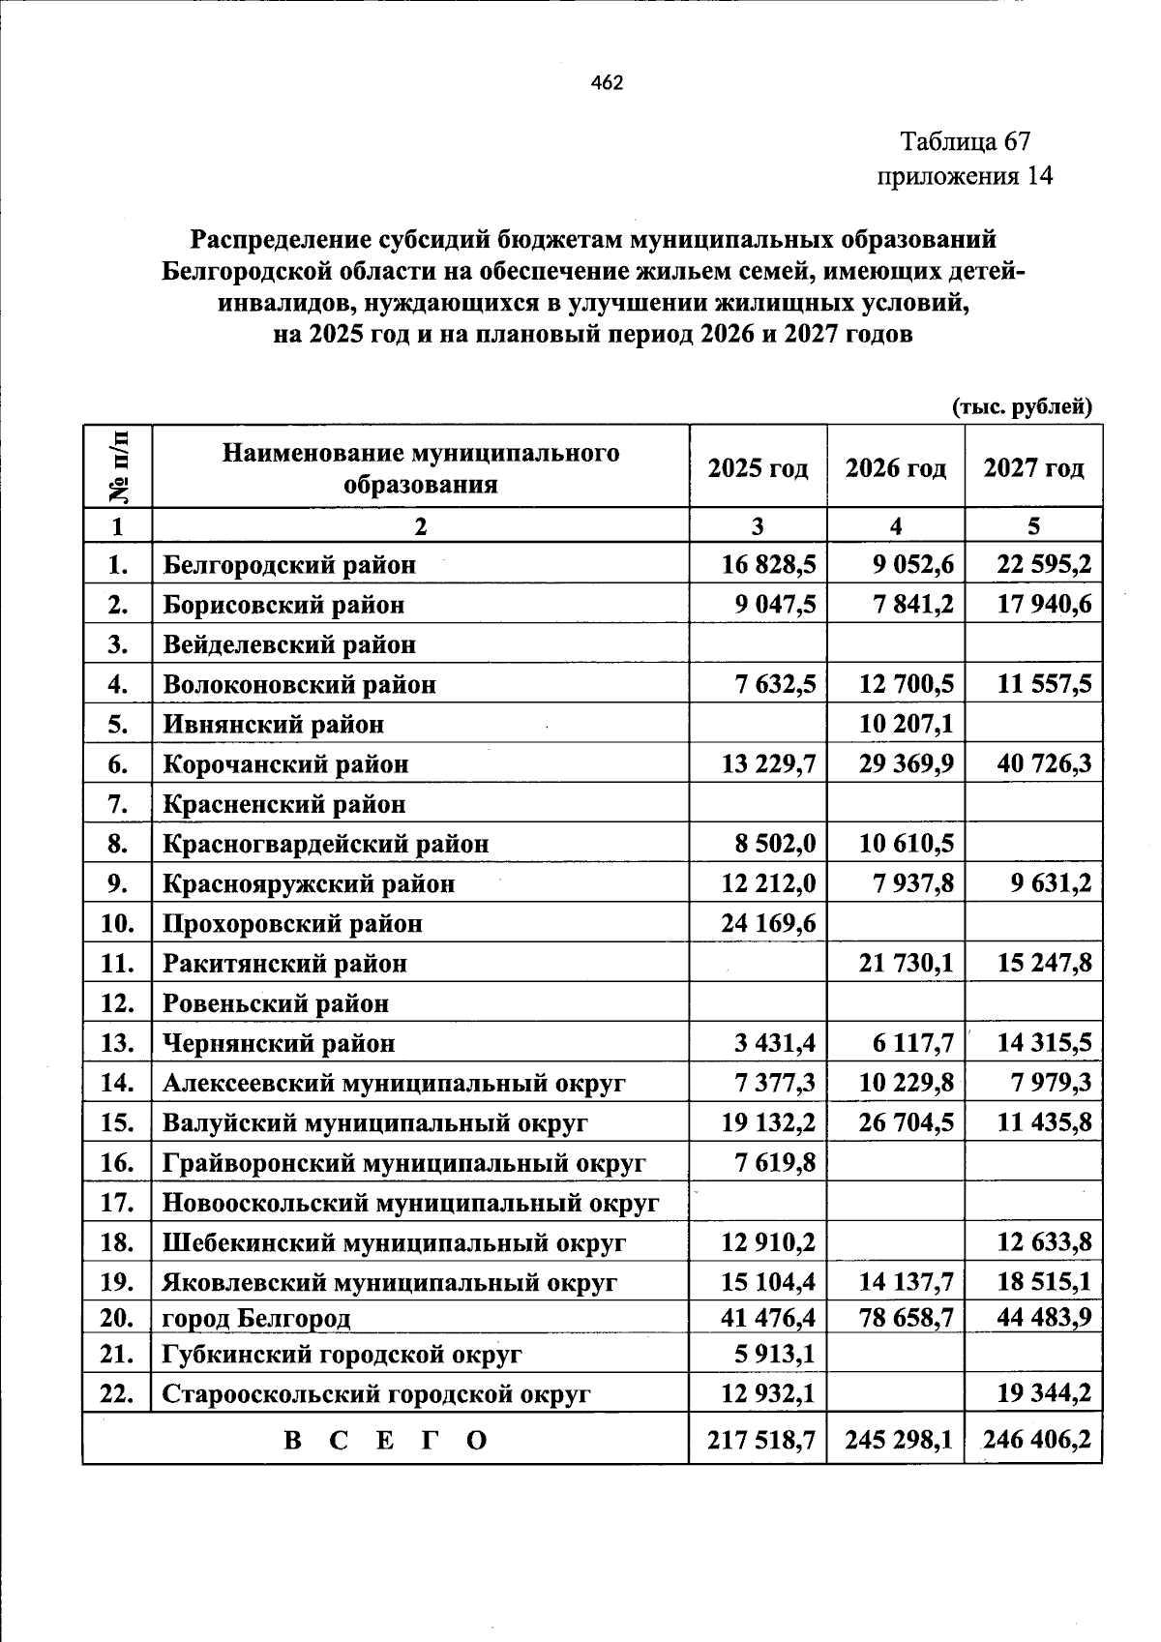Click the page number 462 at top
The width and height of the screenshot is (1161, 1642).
coord(607,83)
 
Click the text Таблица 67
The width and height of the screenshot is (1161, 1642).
coord(965,141)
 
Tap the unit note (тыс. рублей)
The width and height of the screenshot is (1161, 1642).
coord(1022,407)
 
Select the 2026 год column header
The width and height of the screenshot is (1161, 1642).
coord(895,468)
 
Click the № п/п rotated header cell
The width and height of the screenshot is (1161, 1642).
coord(118,466)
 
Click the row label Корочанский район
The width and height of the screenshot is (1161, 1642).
coord(285,764)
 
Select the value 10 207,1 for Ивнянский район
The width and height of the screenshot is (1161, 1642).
coord(906,724)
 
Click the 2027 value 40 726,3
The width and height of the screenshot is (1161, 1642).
coord(1044,764)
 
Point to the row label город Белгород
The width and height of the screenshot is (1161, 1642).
coord(256,1318)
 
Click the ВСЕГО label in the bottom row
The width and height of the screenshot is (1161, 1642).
coord(386,1441)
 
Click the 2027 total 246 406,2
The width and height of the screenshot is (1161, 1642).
coord(1036,1441)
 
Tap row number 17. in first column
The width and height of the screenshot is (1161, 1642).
coord(117,1203)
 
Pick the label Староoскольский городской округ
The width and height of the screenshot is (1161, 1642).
coord(376,1394)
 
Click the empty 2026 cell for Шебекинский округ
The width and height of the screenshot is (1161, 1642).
coord(895,1242)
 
